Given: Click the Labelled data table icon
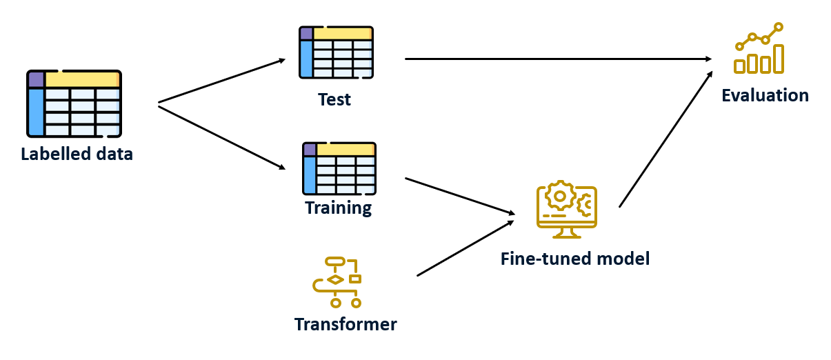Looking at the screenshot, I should pos(74,103).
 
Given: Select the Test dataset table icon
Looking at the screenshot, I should pos(336,52).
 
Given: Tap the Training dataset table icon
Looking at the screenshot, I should pos(339,168).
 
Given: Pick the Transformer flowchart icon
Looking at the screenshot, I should pos(337,282).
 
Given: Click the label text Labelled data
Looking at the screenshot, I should pos(77,154).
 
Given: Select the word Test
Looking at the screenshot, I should pos(334,99).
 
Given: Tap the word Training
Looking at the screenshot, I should pos(339,207).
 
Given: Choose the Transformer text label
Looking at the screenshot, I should pos(346,324).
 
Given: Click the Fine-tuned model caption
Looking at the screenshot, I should pos(575,259).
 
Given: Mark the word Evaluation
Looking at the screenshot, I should pos(765,95).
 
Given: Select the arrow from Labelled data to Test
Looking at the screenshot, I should pos(221,81).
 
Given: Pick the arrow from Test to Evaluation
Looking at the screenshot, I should pos(559,59).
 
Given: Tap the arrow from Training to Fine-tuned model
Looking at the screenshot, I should pos(460,196).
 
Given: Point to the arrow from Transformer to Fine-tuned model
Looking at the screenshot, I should pos(465,248).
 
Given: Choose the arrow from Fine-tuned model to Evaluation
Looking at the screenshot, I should pos(665,139).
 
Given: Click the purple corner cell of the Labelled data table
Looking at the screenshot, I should pos(36,79).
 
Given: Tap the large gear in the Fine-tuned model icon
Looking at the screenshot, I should pos(559,196).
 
